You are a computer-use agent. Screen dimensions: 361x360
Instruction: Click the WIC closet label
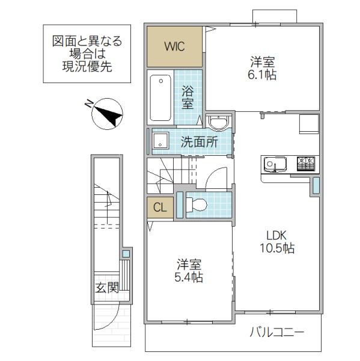[x=175, y=46]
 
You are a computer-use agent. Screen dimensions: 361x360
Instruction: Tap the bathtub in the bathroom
[x=160, y=97]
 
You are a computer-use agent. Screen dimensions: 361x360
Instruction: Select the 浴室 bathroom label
[x=188, y=97]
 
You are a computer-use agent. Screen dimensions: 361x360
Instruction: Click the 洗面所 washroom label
[x=199, y=143]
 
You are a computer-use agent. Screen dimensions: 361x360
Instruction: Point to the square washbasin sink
[x=160, y=142]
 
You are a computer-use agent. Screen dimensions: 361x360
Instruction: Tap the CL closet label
[x=159, y=208]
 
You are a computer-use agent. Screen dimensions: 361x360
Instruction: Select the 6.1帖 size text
[x=263, y=75]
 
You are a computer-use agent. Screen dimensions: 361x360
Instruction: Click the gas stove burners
[x=305, y=163]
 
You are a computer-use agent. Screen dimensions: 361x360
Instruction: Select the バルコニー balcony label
[x=276, y=332]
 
